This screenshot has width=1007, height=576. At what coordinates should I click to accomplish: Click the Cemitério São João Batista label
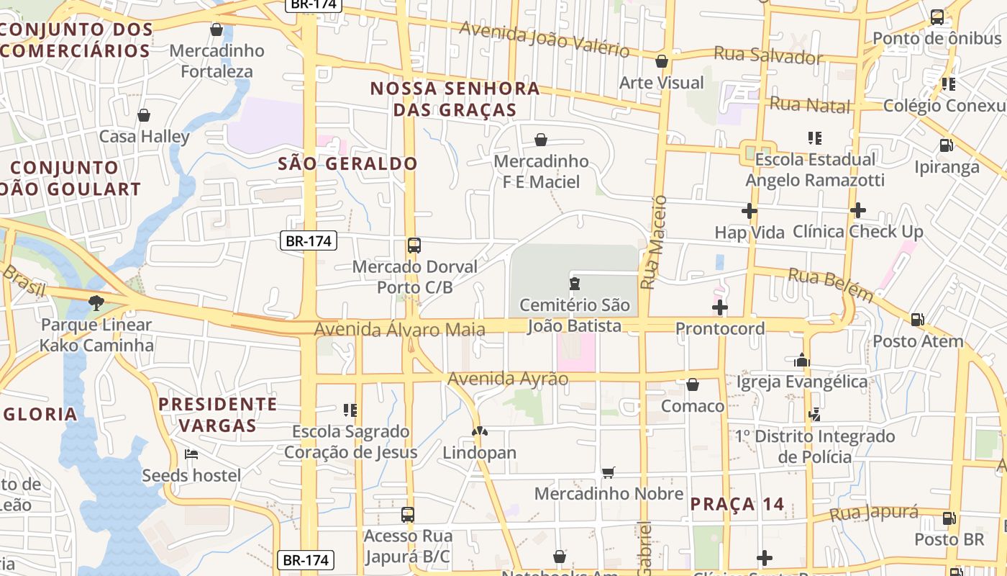pos(574,315)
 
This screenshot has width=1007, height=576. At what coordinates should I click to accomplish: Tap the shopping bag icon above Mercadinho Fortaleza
pos(216,30)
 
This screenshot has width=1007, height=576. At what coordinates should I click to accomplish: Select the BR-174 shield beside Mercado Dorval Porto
pos(308,240)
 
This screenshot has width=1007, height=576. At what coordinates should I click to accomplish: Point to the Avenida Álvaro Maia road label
pos(399,329)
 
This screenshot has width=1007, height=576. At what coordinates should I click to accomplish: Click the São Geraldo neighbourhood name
pos(347,163)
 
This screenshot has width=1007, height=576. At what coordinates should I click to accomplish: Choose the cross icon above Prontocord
pos(719,308)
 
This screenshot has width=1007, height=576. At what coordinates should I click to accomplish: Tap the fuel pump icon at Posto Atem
pos(917,319)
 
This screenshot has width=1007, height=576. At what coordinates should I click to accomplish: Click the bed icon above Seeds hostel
pos(191,454)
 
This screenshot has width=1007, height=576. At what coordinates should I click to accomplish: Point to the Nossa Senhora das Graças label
pos(455,99)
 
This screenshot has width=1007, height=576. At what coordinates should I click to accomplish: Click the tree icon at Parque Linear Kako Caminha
pos(96,303)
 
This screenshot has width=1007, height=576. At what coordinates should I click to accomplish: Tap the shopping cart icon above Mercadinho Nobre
pos(609,472)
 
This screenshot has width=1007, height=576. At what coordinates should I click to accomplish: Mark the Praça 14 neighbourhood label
pos(737,504)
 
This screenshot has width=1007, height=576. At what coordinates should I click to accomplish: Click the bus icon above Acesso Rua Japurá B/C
pos(408,515)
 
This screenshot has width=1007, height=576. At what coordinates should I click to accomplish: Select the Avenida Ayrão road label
pos(508,379)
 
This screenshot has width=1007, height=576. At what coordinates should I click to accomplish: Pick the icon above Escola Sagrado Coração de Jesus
pos(350,410)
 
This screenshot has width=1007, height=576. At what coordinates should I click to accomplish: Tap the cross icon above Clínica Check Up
pos(857,210)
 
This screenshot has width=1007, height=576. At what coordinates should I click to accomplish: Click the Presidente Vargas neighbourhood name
pos(218,414)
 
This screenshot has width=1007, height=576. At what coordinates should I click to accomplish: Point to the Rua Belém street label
pos(831,284)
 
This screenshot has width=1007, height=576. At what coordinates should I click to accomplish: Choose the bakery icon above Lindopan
pos(479,431)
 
